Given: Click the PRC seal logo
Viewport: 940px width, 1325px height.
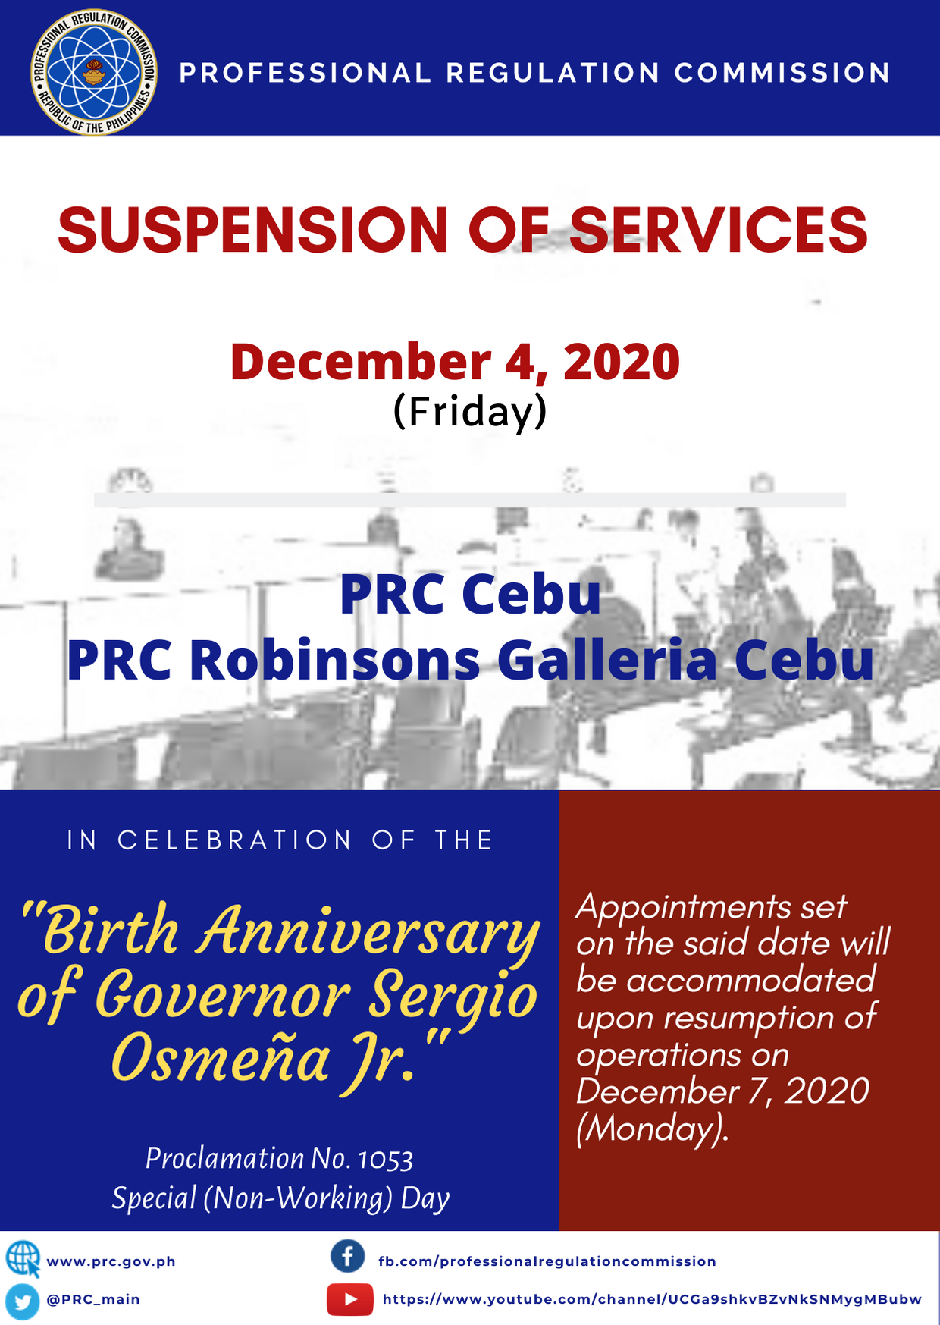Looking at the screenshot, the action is [94, 72].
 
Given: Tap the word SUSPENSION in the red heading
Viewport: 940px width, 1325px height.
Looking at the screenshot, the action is [253, 230].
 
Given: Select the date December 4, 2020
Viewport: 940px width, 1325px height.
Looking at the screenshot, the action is [455, 362].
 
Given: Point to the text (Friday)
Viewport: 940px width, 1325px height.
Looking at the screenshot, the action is [470, 412].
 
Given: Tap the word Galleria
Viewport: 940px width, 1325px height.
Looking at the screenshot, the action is [607, 659].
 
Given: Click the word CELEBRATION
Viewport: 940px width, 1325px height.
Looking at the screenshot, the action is [235, 840].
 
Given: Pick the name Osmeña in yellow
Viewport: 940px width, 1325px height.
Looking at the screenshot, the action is [220, 1058].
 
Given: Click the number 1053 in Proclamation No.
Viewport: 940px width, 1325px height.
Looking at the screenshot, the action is [386, 1160].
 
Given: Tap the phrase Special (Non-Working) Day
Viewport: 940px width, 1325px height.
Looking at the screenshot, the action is [280, 1198].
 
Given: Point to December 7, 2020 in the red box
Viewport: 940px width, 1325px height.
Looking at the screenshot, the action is [722, 1091].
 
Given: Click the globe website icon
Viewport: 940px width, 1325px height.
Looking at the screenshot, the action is [23, 1259].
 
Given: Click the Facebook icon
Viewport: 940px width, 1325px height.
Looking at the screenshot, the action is [348, 1257].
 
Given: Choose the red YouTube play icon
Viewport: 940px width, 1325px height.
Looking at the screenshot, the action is [349, 1299].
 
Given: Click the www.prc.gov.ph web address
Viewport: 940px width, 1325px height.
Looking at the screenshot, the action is [111, 1261].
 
